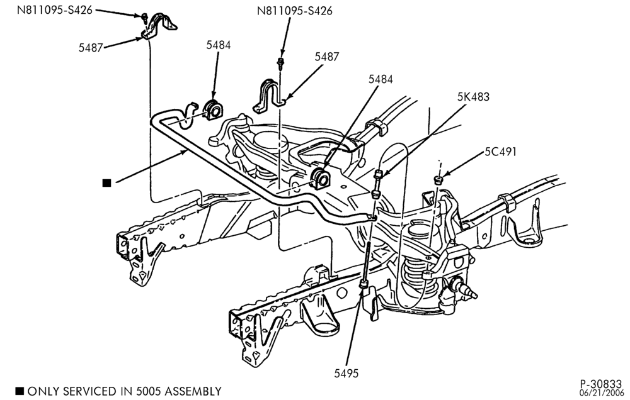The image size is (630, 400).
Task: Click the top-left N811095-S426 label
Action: [54, 10]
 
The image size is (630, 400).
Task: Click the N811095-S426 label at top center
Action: [294, 11]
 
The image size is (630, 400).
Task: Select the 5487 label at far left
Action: [91, 48]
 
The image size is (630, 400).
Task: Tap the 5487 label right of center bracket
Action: [326, 57]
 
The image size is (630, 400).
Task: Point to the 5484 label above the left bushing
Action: [219, 45]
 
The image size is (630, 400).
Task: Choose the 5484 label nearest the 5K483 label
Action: [381, 79]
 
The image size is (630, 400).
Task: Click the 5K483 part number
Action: [473, 97]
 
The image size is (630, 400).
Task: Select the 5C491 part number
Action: [500, 152]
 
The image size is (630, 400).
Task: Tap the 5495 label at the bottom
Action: [346, 374]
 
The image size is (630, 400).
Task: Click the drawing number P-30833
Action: [601, 384]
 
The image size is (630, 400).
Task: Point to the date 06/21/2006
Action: [602, 392]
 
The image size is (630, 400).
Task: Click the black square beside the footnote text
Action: [20, 391]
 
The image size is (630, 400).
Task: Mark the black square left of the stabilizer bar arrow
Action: [106, 183]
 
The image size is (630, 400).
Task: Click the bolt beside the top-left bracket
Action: [143, 17]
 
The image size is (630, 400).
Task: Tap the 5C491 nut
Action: [439, 179]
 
